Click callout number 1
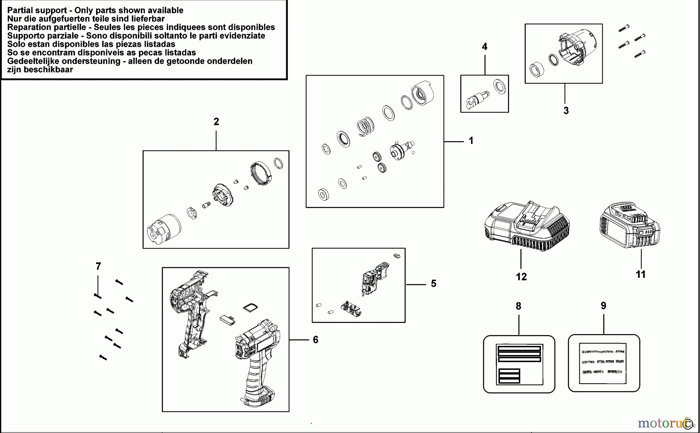(x=471, y=140)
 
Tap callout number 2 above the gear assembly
(x=216, y=122)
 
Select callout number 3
(x=566, y=111)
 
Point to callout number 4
(x=485, y=47)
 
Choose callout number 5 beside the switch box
(x=434, y=284)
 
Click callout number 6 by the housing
(x=315, y=340)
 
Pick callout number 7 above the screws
(x=98, y=266)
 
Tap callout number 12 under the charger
(x=521, y=277)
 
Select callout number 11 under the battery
(x=640, y=274)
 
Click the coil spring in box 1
(x=366, y=126)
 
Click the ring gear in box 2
(x=260, y=173)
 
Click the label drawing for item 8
(x=519, y=364)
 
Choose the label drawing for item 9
(x=604, y=363)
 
